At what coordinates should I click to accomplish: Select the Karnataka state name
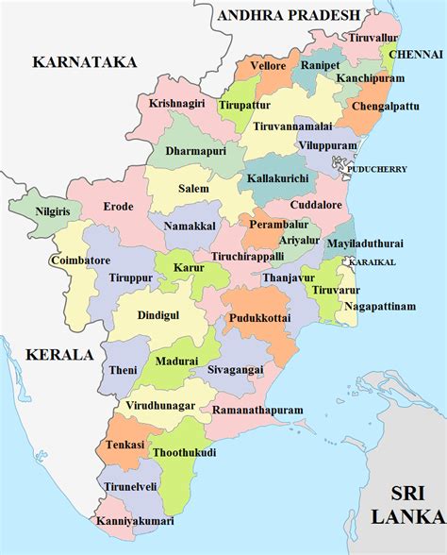[85, 61]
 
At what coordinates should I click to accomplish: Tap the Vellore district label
[267, 67]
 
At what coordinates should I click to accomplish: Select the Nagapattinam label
[379, 306]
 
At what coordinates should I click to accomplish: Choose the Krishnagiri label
[176, 103]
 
